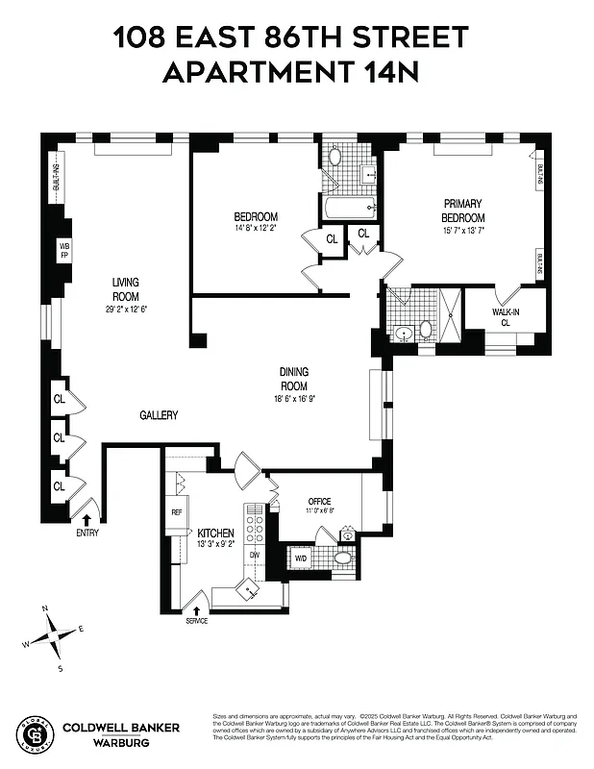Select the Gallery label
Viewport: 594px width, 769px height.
pyautogui.click(x=159, y=415)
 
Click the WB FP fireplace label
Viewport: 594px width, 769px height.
pyautogui.click(x=65, y=253)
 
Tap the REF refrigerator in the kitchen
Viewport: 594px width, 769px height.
pyautogui.click(x=177, y=513)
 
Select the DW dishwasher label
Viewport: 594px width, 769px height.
pyautogui.click(x=255, y=556)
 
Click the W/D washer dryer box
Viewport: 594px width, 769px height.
pyautogui.click(x=300, y=558)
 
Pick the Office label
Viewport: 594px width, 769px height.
pyautogui.click(x=319, y=502)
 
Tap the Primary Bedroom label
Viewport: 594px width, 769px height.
pyautogui.click(x=463, y=211)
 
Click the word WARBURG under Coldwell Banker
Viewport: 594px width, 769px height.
pyautogui.click(x=119, y=742)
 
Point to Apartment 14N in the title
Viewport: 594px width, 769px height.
pyautogui.click(x=291, y=72)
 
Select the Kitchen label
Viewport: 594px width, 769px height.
pyautogui.click(x=216, y=533)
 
